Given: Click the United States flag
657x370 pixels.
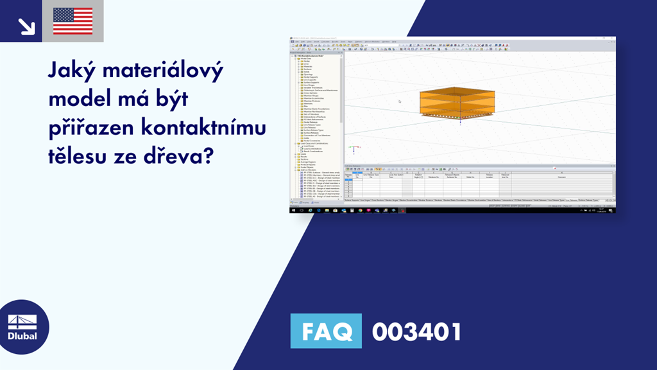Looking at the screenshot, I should point(73,21).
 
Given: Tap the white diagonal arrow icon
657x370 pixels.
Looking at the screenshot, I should point(26,25).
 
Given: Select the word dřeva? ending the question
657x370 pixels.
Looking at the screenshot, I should point(180,156).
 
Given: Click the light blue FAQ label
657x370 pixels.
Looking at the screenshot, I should point(326,331).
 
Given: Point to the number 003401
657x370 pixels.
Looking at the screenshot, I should point(416,331).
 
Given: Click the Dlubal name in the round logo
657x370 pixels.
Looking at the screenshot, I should point(22,336).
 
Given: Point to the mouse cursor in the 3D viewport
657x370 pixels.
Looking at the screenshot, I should point(399,101).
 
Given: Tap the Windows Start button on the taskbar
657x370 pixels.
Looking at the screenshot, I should point(293,210).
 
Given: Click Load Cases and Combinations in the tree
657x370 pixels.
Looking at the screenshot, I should point(315,143).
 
